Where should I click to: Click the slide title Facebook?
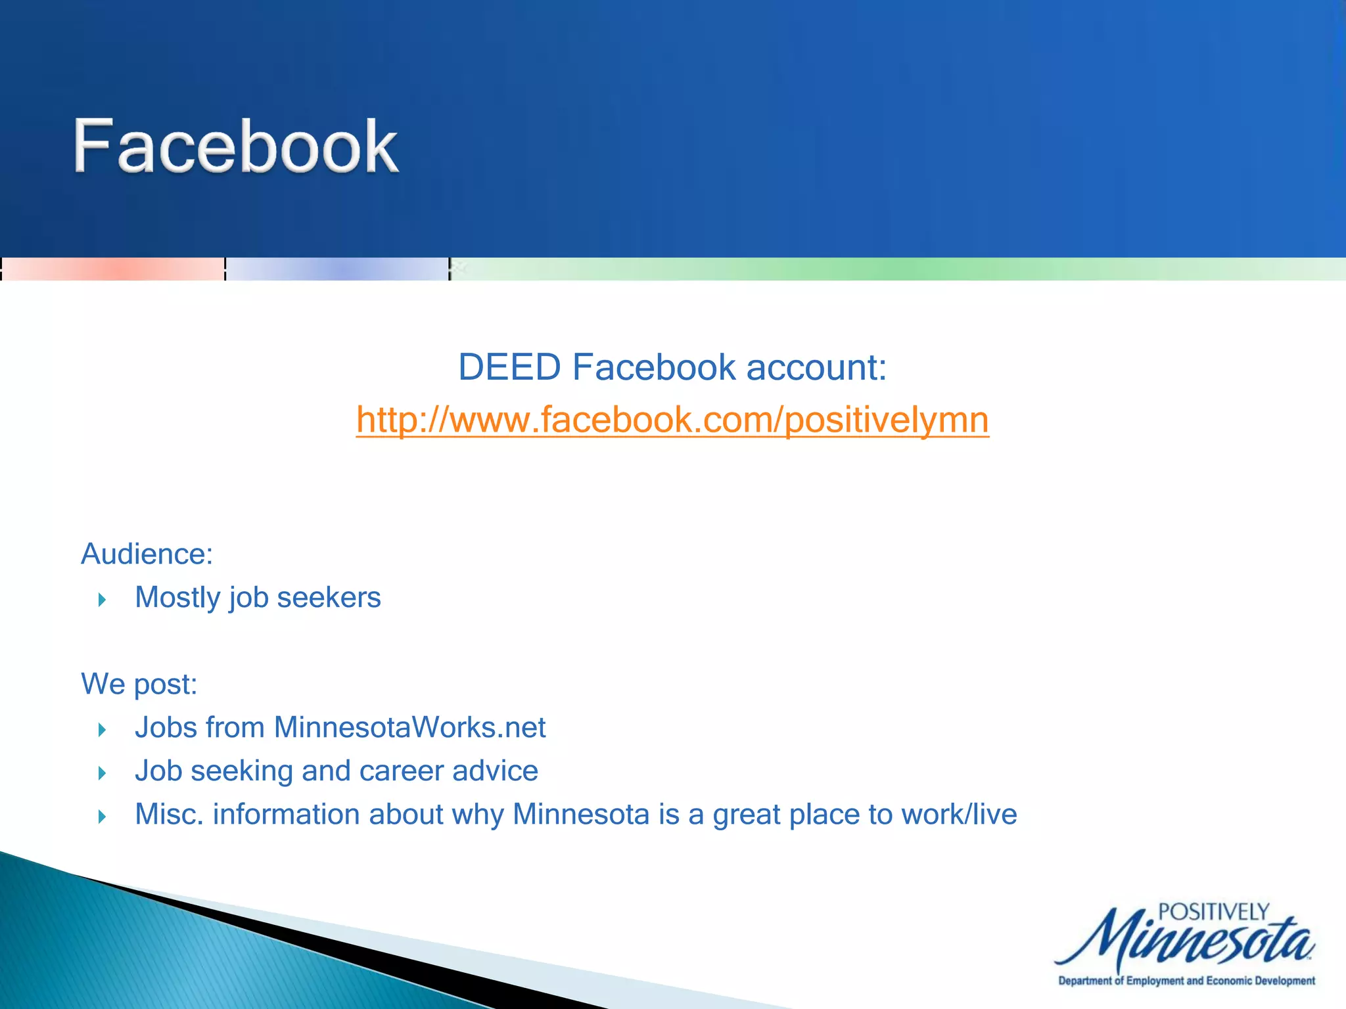(235, 146)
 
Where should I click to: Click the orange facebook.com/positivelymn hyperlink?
(672, 420)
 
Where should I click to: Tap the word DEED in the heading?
(509, 367)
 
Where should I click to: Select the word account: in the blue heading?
(816, 367)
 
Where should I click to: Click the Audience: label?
(147, 554)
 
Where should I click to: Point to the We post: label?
(139, 684)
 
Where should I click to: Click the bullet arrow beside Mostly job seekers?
(102, 600)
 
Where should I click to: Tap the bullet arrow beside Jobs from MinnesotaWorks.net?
(102, 730)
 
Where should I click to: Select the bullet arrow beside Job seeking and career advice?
(102, 773)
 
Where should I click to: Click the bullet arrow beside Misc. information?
(102, 817)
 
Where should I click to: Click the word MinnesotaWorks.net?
(409, 728)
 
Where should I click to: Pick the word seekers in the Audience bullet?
(329, 598)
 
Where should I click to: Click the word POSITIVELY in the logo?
(1213, 912)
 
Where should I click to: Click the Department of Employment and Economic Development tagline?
(1186, 981)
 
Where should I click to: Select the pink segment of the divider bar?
(113, 269)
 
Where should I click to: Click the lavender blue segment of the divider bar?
(337, 269)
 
